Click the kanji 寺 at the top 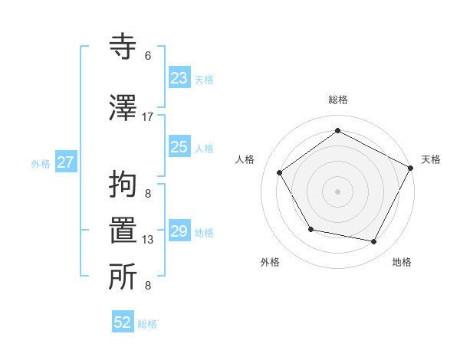(x=124, y=47)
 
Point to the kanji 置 (x=124, y=231)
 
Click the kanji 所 (x=124, y=277)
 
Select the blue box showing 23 (x=179, y=78)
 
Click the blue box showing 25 (x=179, y=147)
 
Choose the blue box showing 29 (x=179, y=231)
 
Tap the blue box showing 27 (x=65, y=162)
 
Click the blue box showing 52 (x=123, y=322)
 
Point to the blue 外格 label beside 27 (x=41, y=163)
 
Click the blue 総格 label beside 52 (x=147, y=324)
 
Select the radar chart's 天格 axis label (x=431, y=159)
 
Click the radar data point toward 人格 (x=279, y=172)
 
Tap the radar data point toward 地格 (x=374, y=241)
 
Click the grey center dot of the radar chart (x=337, y=191)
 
